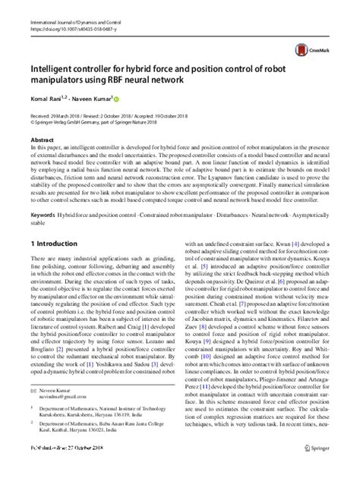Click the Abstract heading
click(43, 141)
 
